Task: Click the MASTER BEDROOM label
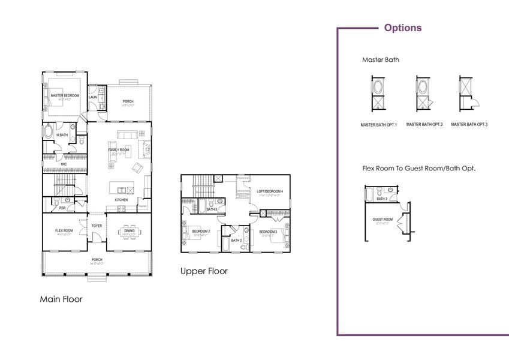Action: pos(65,95)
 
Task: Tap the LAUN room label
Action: pos(93,97)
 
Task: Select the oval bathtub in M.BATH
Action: pos(49,133)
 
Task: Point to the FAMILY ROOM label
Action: pos(119,149)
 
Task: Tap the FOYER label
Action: pos(97,226)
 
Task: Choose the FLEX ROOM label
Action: pos(64,230)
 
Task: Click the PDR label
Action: pos(62,208)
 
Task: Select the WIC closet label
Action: pos(63,163)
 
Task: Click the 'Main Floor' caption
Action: pos(61,299)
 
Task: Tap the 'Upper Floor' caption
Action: pos(204,271)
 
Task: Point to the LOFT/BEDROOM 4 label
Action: pos(269,191)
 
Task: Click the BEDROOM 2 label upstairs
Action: pos(200,231)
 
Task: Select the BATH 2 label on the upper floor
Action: pos(236,240)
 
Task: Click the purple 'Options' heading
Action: pos(402,28)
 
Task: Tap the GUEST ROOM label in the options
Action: pos(382,220)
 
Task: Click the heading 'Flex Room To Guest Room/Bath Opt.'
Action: pos(418,169)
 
